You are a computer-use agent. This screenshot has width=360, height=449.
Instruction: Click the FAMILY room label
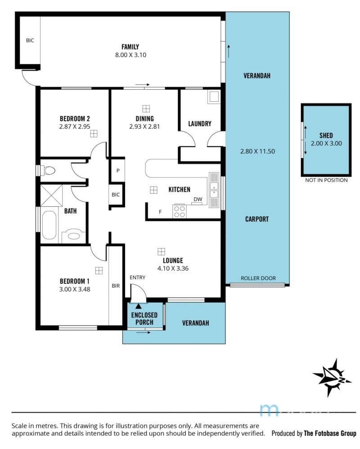coord(130,47)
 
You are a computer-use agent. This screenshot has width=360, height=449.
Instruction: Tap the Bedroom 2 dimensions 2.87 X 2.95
coord(75,127)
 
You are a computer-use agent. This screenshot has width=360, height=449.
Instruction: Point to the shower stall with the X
coord(51,195)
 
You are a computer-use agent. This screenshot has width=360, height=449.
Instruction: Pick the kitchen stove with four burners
coord(180,212)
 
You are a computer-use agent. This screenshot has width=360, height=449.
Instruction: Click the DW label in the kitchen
coord(198,200)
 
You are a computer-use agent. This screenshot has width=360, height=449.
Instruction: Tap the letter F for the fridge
coord(160,212)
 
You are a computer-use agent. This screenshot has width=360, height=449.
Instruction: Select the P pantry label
coord(118,171)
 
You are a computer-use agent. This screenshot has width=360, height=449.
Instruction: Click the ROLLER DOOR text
coord(258,278)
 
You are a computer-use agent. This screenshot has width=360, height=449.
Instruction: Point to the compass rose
coord(332,378)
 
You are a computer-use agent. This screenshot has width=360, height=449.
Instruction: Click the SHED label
coord(326,136)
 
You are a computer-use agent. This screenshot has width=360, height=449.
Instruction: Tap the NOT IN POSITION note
coord(326,180)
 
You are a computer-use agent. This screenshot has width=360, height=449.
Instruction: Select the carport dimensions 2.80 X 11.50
coord(257,151)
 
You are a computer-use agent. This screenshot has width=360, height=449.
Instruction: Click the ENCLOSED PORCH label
coord(144,319)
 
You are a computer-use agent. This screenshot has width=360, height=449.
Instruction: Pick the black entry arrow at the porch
coord(139,306)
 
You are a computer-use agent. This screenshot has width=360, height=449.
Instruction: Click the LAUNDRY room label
coord(200,124)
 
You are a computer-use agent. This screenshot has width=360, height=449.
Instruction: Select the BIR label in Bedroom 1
coord(116,286)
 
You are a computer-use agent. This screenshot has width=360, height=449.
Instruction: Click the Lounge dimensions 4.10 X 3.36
coord(173,268)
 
